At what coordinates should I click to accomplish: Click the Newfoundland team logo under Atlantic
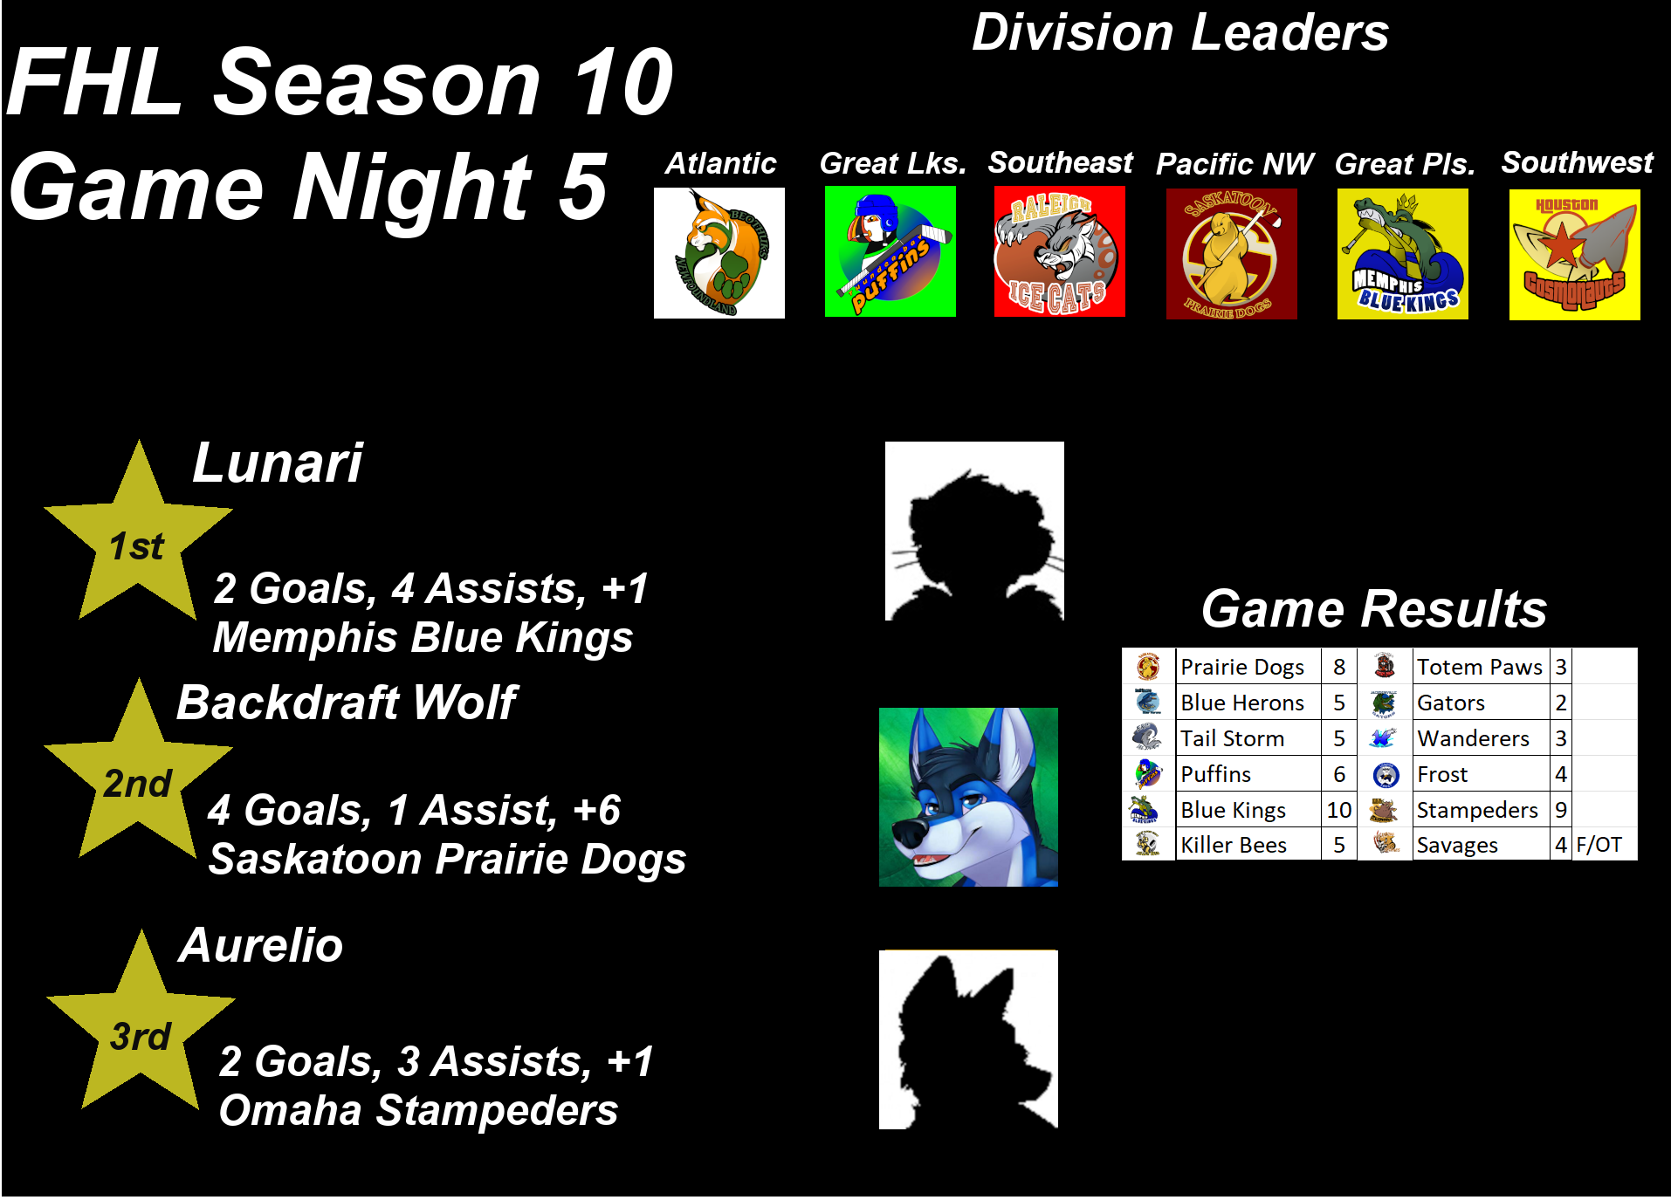(719, 253)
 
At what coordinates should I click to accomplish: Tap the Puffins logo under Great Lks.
(891, 251)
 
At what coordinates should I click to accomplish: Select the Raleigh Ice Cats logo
(1060, 251)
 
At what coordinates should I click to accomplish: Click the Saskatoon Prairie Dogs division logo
(1232, 254)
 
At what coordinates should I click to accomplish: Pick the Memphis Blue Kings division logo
(1403, 254)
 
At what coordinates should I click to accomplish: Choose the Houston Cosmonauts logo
(1575, 255)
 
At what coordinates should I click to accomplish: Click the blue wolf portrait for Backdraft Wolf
(968, 797)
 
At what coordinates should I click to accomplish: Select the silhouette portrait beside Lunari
(974, 531)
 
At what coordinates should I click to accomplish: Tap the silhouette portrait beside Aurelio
(968, 1039)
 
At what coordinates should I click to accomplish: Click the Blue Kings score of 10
(1338, 810)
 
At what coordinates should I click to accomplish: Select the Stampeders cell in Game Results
(1481, 810)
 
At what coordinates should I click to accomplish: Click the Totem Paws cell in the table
(1481, 667)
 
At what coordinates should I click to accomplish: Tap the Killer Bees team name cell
(1248, 845)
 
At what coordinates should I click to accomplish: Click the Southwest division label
(1577, 162)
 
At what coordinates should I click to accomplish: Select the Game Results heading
(1374, 608)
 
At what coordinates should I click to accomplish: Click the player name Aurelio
(261, 945)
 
